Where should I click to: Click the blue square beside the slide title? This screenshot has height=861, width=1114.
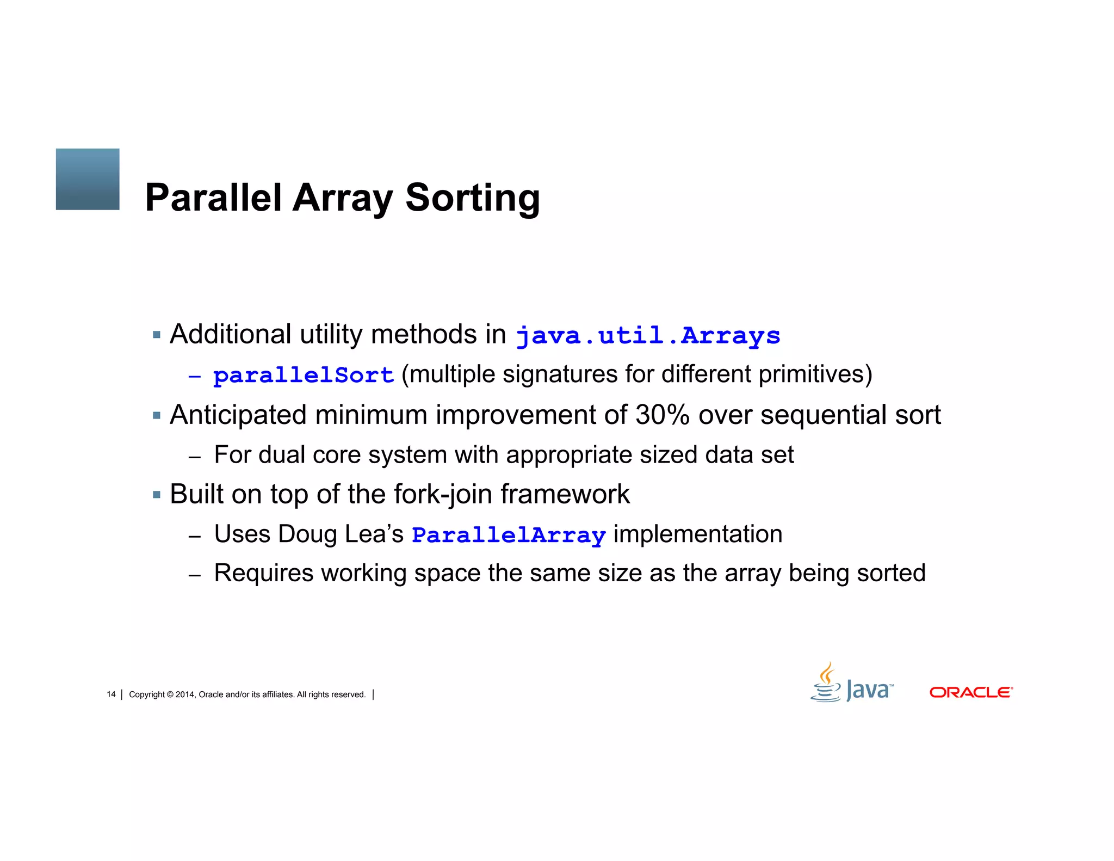88,179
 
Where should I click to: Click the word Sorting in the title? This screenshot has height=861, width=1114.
472,198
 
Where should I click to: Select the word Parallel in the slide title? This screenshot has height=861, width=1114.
213,198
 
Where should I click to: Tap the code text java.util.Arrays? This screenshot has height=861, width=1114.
647,335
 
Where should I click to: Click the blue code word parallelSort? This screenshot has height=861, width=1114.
304,375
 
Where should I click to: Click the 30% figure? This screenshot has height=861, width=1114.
662,415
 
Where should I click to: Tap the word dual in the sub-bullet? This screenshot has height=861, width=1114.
281,454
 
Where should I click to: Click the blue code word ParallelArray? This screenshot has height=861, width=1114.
509,535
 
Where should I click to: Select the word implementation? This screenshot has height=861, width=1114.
698,534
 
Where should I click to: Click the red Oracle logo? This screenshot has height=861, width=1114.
970,692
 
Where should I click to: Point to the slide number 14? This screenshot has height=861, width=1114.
111,694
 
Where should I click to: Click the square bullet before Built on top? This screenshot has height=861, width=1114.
157,495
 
